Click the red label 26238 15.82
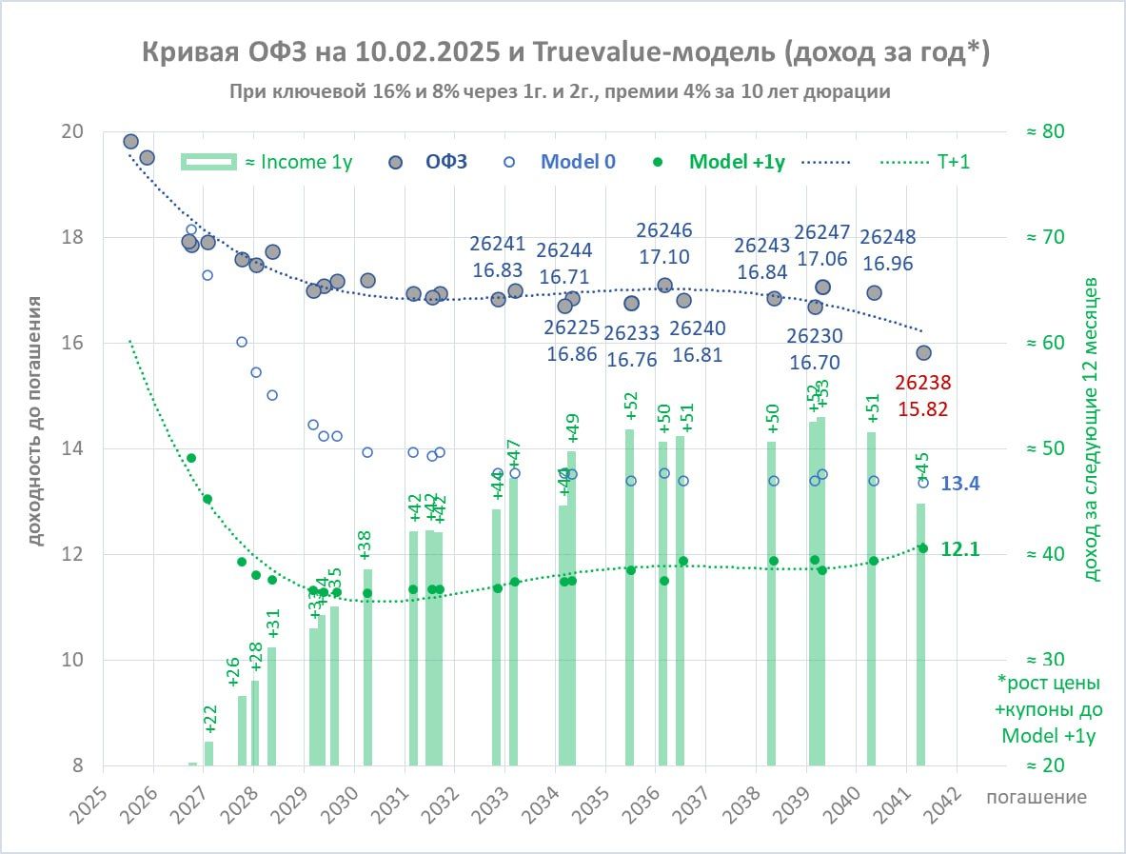pos(922,395)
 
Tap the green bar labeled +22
pos(208,753)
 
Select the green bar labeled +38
pos(367,667)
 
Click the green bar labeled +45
pos(920,634)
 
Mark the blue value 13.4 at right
pos(960,484)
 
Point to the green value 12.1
pos(960,549)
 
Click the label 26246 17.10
pos(664,243)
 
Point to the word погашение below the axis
pos(1037,796)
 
